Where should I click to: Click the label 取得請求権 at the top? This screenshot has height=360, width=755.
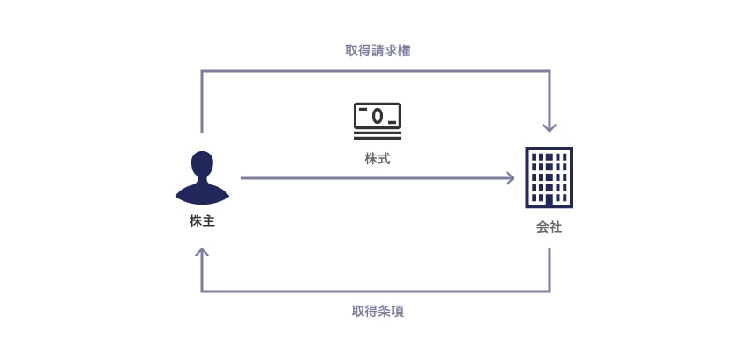click(377, 51)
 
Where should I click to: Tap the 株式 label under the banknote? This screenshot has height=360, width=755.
click(377, 160)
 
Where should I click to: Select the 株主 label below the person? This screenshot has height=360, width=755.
click(202, 221)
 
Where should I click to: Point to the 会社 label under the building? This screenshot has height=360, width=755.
click(550, 227)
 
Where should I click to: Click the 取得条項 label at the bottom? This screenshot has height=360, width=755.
click(377, 312)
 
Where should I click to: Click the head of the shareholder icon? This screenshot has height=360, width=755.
click(202, 164)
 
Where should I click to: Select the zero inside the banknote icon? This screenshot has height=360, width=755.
click(377, 115)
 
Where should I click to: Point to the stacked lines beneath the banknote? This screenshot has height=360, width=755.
click(377, 133)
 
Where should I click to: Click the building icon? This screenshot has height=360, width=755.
click(550, 177)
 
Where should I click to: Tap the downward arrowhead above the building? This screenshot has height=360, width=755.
click(550, 126)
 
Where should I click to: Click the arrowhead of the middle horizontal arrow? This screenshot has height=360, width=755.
click(509, 178)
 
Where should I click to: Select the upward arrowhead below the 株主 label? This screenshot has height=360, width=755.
click(202, 254)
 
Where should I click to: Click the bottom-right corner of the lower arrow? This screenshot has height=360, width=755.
click(550, 291)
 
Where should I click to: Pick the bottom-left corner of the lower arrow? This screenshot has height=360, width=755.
click(203, 291)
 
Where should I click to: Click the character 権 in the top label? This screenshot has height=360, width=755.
click(404, 51)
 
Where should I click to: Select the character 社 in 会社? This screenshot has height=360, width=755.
click(557, 227)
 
